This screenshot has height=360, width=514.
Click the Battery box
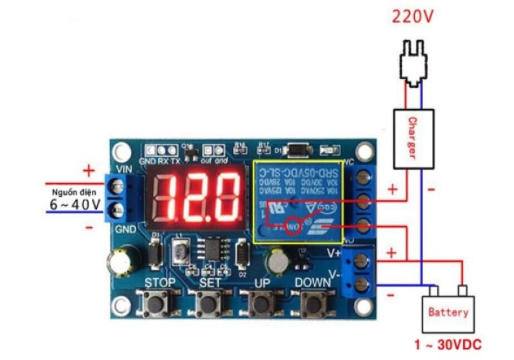[448, 312]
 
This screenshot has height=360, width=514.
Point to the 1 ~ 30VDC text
[448, 345]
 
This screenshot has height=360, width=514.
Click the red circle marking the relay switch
[294, 226]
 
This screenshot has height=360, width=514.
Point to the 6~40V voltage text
[75, 204]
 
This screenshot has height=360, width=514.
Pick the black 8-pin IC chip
[209, 248]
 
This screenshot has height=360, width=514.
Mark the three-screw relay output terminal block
[362, 199]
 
